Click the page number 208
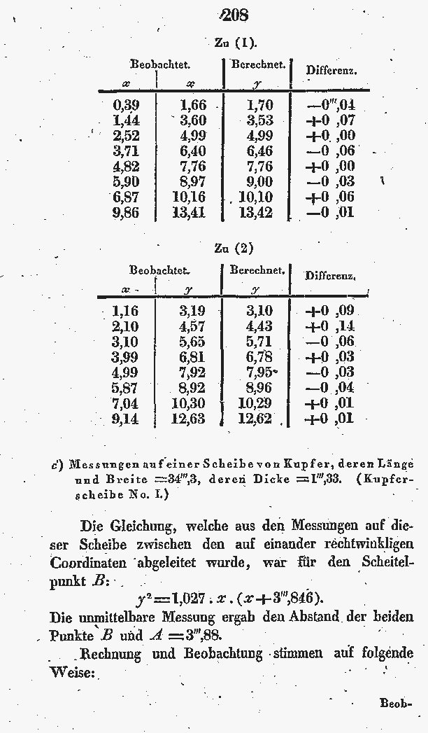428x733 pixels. [233, 14]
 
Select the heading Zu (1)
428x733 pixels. [234, 43]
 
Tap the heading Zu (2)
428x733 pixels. [234, 249]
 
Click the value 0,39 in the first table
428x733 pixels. [125, 105]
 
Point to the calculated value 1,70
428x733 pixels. [260, 106]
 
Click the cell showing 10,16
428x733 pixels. [188, 197]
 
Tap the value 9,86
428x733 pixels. [125, 213]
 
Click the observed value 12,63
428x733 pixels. [187, 419]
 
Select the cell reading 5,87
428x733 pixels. [124, 388]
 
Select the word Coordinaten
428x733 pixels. [88, 562]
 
